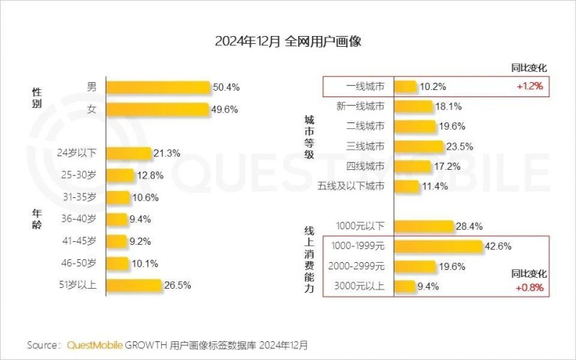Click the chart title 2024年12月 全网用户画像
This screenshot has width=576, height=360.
tap(288, 41)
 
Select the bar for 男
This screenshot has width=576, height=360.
tap(158, 87)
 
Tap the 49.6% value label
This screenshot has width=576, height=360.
tap(225, 109)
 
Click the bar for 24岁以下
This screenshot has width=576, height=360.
tap(130, 153)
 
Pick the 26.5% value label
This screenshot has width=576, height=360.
tap(177, 285)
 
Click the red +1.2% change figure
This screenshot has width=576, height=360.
tap(529, 86)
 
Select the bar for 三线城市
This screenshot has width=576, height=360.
tap(420, 147)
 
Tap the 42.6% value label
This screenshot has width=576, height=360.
tap(498, 246)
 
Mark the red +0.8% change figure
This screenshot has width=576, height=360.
tap(529, 288)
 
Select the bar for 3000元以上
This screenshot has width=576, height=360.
tap(405, 287)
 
